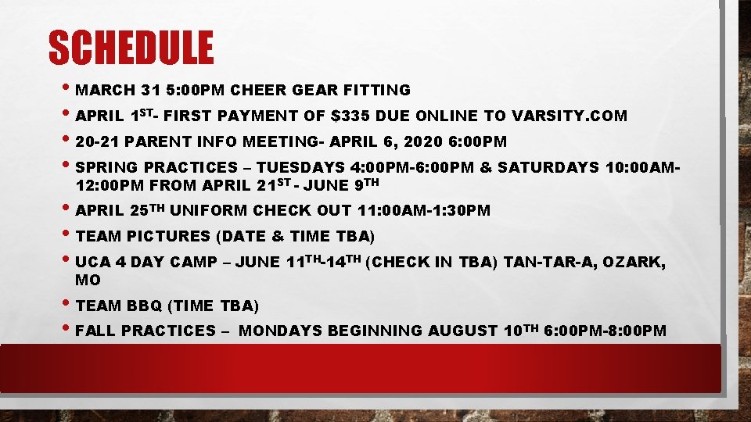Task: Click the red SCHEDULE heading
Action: [x=131, y=48]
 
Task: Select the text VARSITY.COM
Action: [x=570, y=116]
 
